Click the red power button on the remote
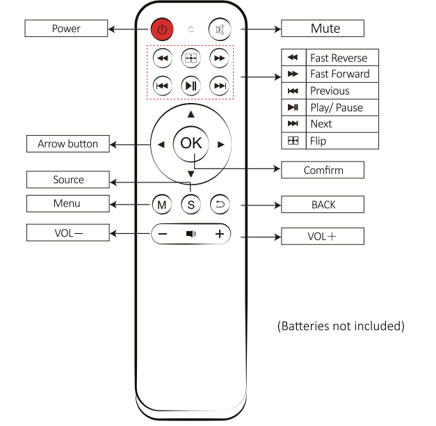pyautogui.click(x=161, y=29)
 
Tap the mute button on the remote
pyautogui.click(x=220, y=29)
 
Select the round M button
pyautogui.click(x=161, y=205)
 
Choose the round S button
pyautogui.click(x=191, y=205)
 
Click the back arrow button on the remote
pyautogui.click(x=220, y=205)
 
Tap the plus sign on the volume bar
pyautogui.click(x=220, y=234)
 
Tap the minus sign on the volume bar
pyautogui.click(x=163, y=234)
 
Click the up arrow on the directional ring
pyautogui.click(x=191, y=114)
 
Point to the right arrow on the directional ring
pyautogui.click(x=220, y=144)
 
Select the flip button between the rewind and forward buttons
pyautogui.click(x=191, y=58)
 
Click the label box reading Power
pyautogui.click(x=66, y=29)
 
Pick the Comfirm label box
pyautogui.click(x=323, y=170)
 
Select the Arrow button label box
pyautogui.click(x=67, y=144)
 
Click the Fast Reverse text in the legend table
pyautogui.click(x=339, y=58)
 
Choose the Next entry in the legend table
pyautogui.click(x=321, y=124)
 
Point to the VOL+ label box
pyautogui.click(x=323, y=237)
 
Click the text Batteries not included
pyautogui.click(x=341, y=326)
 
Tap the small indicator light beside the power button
pyautogui.click(x=191, y=30)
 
